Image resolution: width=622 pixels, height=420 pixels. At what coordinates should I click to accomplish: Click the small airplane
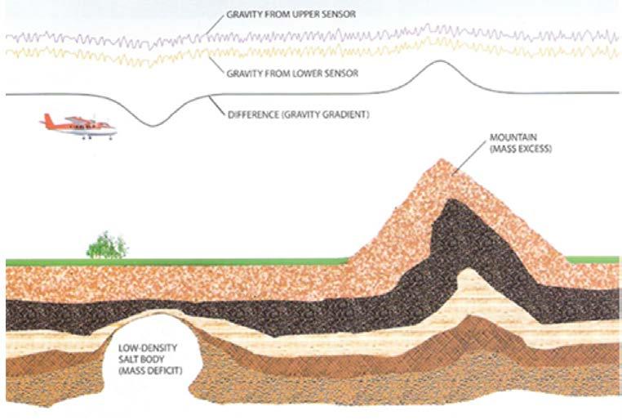pos(79,126)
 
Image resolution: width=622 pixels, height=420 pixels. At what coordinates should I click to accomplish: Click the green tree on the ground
pos(107,244)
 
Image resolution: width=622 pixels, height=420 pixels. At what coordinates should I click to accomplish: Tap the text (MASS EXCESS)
pos(510,149)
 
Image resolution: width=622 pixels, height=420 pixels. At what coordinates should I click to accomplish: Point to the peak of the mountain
pos(441,161)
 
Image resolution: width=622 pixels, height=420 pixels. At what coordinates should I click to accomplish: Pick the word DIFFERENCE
pos(248,115)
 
